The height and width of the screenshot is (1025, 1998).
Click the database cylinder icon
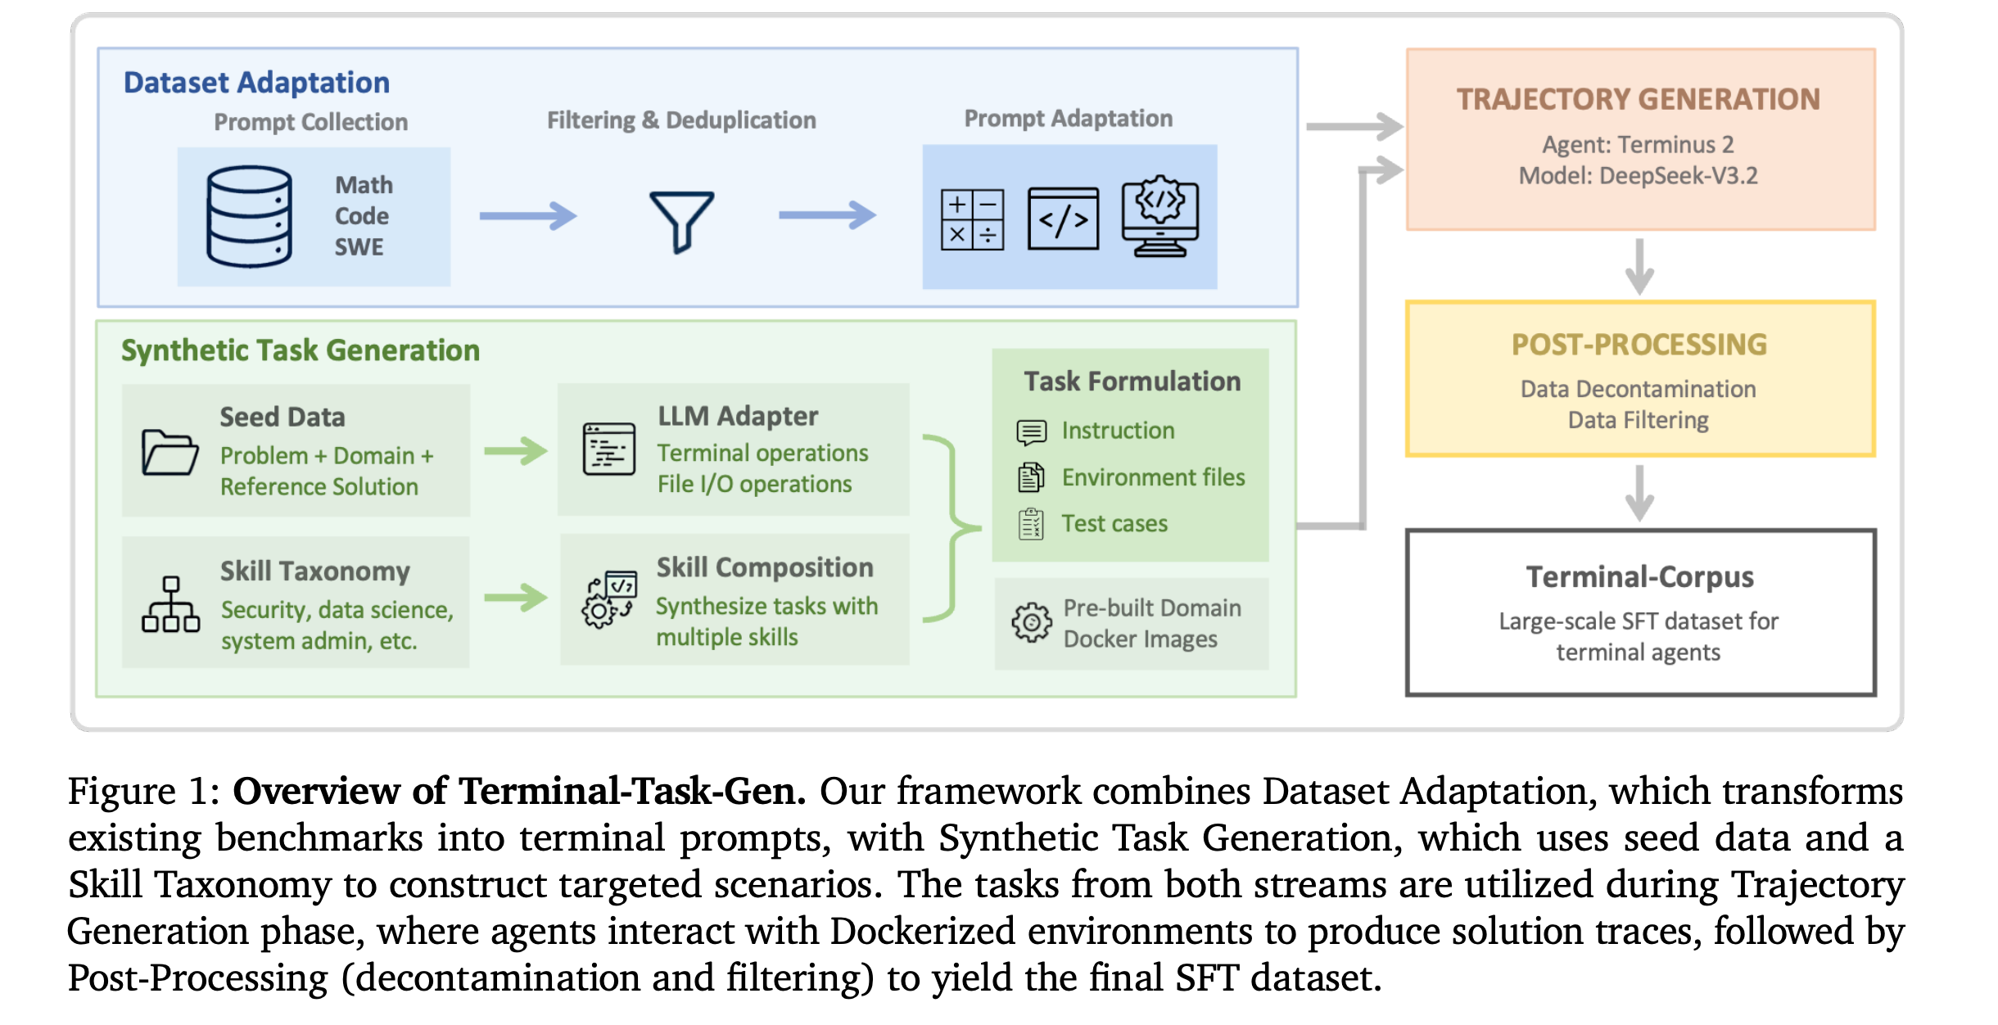[x=249, y=216]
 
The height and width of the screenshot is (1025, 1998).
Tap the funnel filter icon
[x=681, y=220]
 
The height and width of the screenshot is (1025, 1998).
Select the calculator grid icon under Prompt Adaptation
[x=972, y=219]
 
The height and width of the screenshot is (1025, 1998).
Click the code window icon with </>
[x=1063, y=219]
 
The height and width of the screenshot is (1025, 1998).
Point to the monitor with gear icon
[x=1159, y=216]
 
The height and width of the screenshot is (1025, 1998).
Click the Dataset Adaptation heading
[x=256, y=83]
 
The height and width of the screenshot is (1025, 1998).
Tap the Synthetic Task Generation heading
[x=301, y=350]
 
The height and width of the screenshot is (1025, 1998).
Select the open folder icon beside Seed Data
[x=170, y=452]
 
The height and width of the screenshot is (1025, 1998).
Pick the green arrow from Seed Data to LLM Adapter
[x=515, y=450]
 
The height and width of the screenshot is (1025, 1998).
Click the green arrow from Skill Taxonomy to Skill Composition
[x=515, y=597]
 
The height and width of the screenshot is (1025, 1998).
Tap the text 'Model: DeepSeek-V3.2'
[x=1638, y=176]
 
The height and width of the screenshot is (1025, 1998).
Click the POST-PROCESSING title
[x=1639, y=345]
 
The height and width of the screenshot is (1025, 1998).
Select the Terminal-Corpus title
[x=1639, y=577]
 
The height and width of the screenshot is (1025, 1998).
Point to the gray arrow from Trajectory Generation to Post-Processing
[x=1639, y=266]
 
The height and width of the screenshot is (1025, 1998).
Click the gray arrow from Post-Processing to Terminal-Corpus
[x=1639, y=493]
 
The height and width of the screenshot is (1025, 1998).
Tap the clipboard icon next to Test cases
[x=1031, y=524]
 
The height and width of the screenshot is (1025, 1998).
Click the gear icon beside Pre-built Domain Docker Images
[x=1032, y=623]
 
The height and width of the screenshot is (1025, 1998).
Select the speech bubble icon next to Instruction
[x=1031, y=431]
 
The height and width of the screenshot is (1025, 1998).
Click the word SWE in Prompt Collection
[x=359, y=247]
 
